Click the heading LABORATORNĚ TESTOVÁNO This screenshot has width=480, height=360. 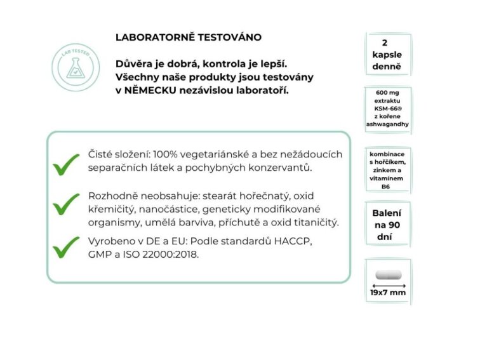click(188, 37)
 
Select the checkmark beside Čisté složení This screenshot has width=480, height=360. click(65, 164)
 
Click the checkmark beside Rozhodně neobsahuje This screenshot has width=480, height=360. click(65, 204)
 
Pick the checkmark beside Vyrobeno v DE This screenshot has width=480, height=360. click(65, 247)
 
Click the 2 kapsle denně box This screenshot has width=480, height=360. click(387, 55)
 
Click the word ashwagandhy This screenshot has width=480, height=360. click(387, 124)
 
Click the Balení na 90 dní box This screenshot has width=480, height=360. click(387, 225)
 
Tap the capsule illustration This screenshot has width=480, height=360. click(387, 275)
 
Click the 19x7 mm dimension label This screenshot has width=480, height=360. click(387, 293)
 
